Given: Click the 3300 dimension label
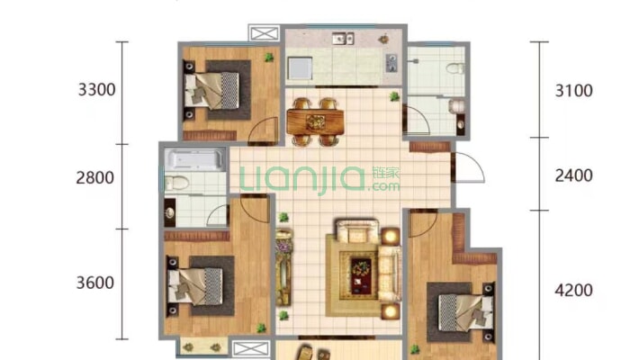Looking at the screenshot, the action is coord(96,90).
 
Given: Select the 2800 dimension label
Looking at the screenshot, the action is coord(95,178).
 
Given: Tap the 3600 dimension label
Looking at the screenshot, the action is coord(95,283).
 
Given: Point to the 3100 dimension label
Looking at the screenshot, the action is coord(574,91).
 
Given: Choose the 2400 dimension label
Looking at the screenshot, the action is coord(574,175).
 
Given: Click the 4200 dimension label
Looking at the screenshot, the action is coord(574,291).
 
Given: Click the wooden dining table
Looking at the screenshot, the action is coord(315,121).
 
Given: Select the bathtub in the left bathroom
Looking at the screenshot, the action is coord(194,159).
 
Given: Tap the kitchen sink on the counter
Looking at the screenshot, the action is coord(343,39).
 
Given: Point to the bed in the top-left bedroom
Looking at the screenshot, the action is coord(211,91).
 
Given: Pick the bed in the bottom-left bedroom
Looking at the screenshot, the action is coord(195,286).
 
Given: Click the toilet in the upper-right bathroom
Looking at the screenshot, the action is coord(454,68).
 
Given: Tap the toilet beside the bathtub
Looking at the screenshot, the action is coord(176,183).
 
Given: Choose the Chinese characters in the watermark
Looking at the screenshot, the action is coord(386,173).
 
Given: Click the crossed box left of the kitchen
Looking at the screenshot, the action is coord(264,33).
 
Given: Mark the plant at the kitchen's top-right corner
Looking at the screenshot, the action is coord(383,40).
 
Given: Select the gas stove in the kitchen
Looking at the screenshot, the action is coord(391,63).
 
